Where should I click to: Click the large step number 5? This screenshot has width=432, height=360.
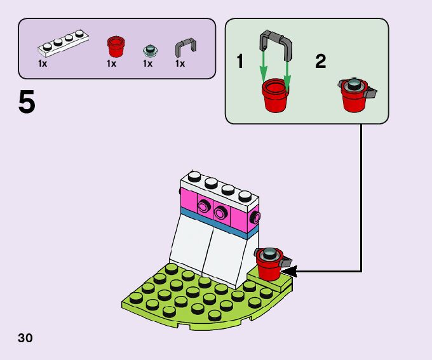27,103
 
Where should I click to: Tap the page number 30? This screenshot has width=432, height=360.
25,337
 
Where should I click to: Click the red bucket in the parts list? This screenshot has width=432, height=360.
115,46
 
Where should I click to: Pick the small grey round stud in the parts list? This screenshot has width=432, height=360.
149,49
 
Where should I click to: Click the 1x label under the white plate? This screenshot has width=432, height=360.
43,63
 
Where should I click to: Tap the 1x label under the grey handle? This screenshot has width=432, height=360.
180,63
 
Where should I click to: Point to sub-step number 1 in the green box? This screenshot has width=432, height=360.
240,62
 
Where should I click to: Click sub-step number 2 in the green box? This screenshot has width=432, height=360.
320,62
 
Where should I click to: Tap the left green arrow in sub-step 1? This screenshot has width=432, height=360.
263,69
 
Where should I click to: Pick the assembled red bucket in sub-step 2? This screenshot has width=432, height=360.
354,96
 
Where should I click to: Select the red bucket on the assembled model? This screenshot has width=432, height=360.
269,265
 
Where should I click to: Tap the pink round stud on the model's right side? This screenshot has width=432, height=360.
255,218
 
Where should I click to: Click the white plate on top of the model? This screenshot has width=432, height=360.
219,184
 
